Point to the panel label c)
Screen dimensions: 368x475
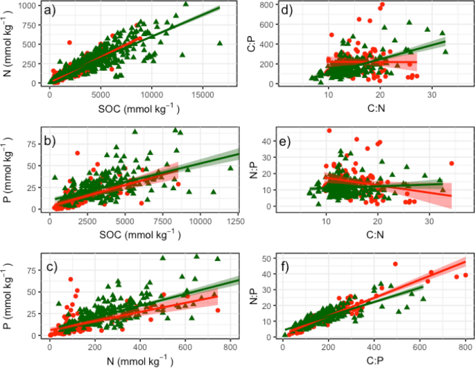(x=52, y=265)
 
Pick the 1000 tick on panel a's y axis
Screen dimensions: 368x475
(x=28, y=6)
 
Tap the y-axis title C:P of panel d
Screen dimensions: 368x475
(x=249, y=47)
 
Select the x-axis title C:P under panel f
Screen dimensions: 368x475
(x=373, y=360)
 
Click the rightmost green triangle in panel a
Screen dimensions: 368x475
(x=220, y=43)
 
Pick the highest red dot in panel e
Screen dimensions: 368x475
(x=330, y=131)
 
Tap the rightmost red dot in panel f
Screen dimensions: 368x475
(x=465, y=275)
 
